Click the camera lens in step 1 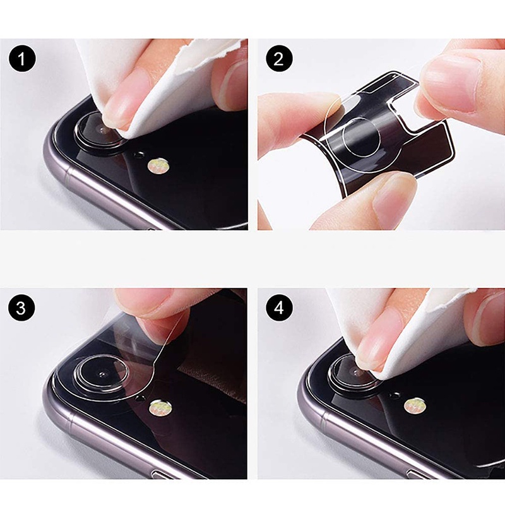tap(97, 129)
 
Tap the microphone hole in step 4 tap(396, 395)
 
